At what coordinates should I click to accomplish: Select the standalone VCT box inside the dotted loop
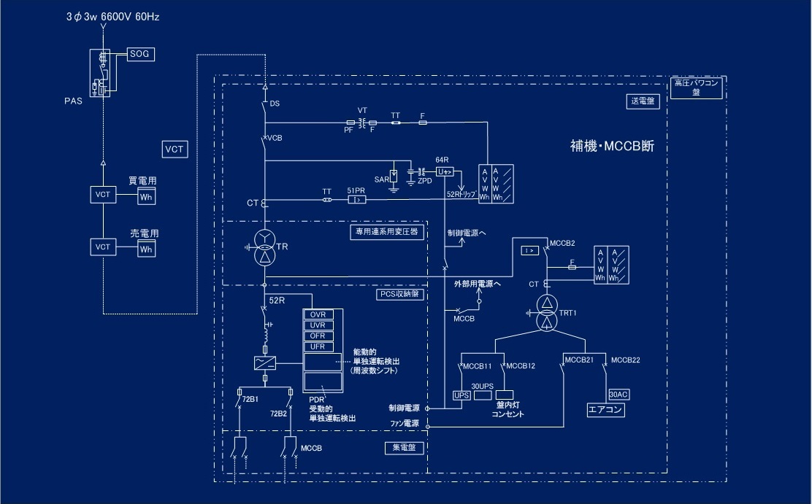(175, 150)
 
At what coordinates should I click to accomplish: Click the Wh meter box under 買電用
(146, 197)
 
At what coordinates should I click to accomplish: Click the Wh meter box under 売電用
(146, 249)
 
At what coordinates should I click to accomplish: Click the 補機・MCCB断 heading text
(612, 145)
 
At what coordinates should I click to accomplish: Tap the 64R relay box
(445, 171)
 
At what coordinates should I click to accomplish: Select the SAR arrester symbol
(394, 176)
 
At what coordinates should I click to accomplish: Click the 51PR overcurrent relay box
(356, 199)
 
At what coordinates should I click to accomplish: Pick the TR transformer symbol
(264, 248)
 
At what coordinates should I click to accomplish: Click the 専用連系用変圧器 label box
(386, 232)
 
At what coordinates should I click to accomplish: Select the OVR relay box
(318, 314)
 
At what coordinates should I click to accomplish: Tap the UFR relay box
(318, 346)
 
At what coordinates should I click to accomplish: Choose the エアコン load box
(605, 410)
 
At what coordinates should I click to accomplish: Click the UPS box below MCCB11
(461, 395)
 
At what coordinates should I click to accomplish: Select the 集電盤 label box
(399, 448)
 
